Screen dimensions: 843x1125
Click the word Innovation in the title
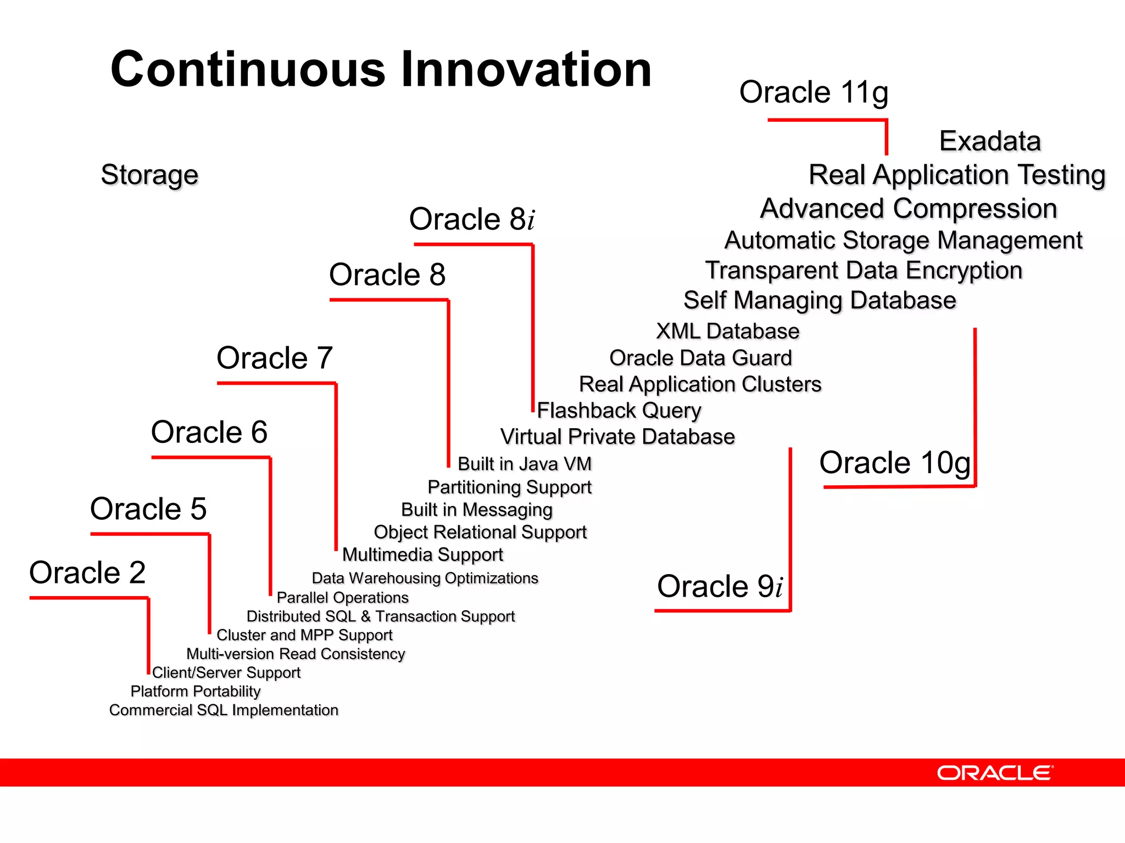(x=526, y=70)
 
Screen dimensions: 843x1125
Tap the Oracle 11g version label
(x=814, y=92)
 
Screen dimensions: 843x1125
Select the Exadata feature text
(x=990, y=141)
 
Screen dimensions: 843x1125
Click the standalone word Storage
(x=149, y=175)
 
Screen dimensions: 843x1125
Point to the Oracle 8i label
(x=472, y=219)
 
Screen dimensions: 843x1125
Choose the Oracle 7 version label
(x=275, y=358)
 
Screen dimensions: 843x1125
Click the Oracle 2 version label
(x=87, y=572)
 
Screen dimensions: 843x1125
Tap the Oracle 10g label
(x=895, y=463)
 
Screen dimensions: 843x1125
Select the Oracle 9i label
(x=720, y=586)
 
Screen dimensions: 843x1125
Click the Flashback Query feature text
(x=619, y=411)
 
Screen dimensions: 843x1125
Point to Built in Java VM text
(x=525, y=464)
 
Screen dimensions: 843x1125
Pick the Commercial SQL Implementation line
(x=224, y=710)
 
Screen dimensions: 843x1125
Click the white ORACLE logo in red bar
(x=995, y=773)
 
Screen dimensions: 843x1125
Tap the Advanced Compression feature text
(x=909, y=209)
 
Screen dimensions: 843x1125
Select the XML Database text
(x=728, y=331)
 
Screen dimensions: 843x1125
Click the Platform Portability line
(x=196, y=692)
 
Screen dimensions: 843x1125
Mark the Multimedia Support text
(x=422, y=555)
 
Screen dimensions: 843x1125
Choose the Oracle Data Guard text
(x=701, y=358)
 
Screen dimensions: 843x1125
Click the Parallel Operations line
(x=343, y=598)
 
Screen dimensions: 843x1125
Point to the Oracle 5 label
(x=148, y=509)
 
